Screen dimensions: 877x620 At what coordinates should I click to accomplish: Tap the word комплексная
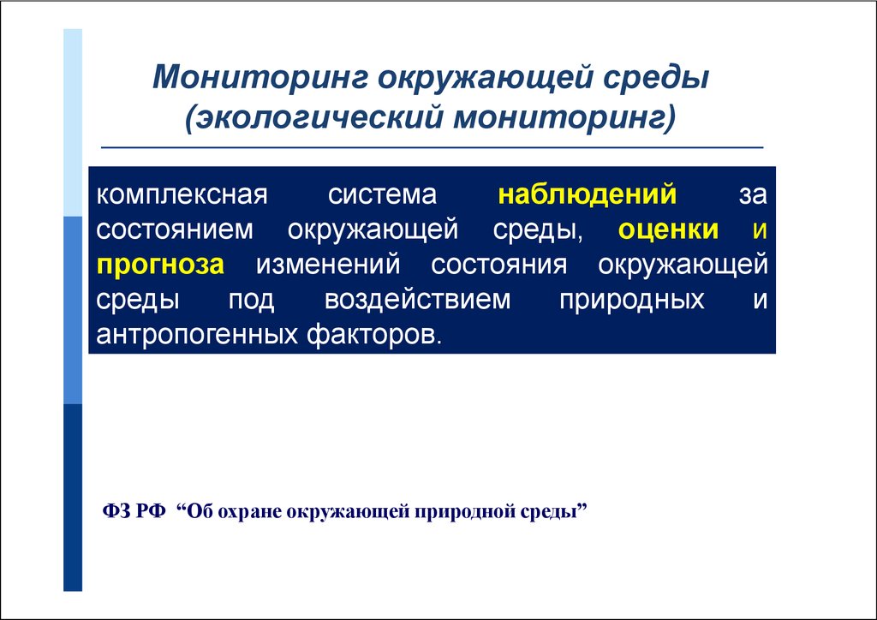(x=182, y=195)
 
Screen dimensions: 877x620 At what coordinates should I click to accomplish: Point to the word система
(x=382, y=195)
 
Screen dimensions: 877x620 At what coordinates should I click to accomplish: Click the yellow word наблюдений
(x=588, y=194)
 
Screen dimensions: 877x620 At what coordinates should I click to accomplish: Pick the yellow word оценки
(x=668, y=230)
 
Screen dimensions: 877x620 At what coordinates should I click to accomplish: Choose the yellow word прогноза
(x=160, y=265)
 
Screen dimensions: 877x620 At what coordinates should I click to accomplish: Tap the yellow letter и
(x=760, y=230)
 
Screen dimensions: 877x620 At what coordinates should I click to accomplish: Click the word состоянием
(x=175, y=230)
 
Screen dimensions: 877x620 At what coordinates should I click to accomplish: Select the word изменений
(x=328, y=265)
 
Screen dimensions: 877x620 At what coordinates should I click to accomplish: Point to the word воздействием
(x=417, y=300)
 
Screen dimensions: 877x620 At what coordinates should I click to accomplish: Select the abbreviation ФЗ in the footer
(x=116, y=510)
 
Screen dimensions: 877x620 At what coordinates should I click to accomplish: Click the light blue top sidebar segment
(x=73, y=122)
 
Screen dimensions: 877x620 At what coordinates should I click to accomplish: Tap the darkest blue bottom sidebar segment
(x=73, y=497)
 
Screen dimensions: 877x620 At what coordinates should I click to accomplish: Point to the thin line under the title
(x=432, y=148)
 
